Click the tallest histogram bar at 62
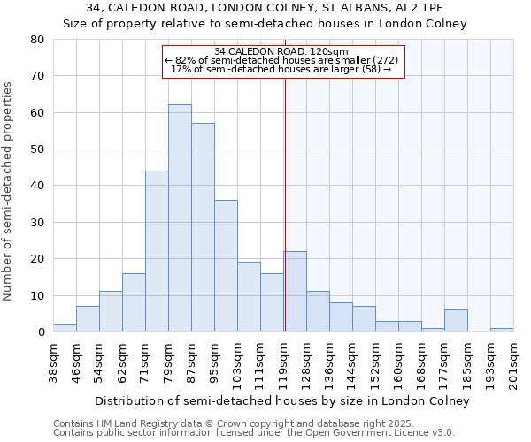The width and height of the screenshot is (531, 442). (x=180, y=218)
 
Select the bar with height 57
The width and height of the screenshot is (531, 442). (x=203, y=227)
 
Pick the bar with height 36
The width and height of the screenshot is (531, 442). (x=226, y=266)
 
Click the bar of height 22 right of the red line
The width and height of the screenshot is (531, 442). (x=295, y=292)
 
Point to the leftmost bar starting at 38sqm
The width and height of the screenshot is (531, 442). (x=65, y=328)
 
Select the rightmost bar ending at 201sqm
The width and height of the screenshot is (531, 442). (x=502, y=330)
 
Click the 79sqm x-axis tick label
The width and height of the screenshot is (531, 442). (x=169, y=361)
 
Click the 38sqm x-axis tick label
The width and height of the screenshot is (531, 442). (x=54, y=361)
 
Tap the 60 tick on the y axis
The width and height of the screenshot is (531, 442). (x=36, y=112)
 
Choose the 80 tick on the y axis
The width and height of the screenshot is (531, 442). (x=36, y=40)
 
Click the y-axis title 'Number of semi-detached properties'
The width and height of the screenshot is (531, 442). (x=9, y=191)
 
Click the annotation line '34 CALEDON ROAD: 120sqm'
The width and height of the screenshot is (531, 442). (x=281, y=51)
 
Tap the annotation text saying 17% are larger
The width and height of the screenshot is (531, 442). (x=281, y=69)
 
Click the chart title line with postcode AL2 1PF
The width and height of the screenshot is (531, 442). (x=265, y=7)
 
